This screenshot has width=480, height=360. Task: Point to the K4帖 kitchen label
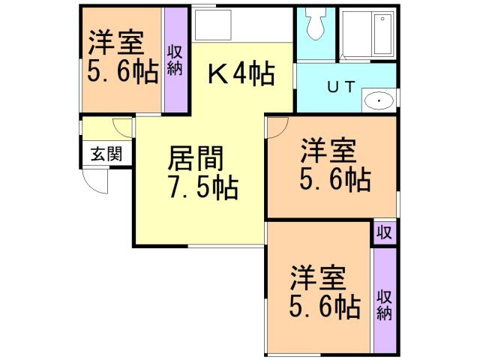(240, 73)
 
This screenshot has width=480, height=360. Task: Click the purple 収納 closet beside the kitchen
(175, 60)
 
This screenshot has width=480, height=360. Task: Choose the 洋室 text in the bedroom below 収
(318, 279)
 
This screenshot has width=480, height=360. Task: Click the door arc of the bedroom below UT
(276, 127)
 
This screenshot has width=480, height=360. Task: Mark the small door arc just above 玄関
(123, 127)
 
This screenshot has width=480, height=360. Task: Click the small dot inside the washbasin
(379, 101)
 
